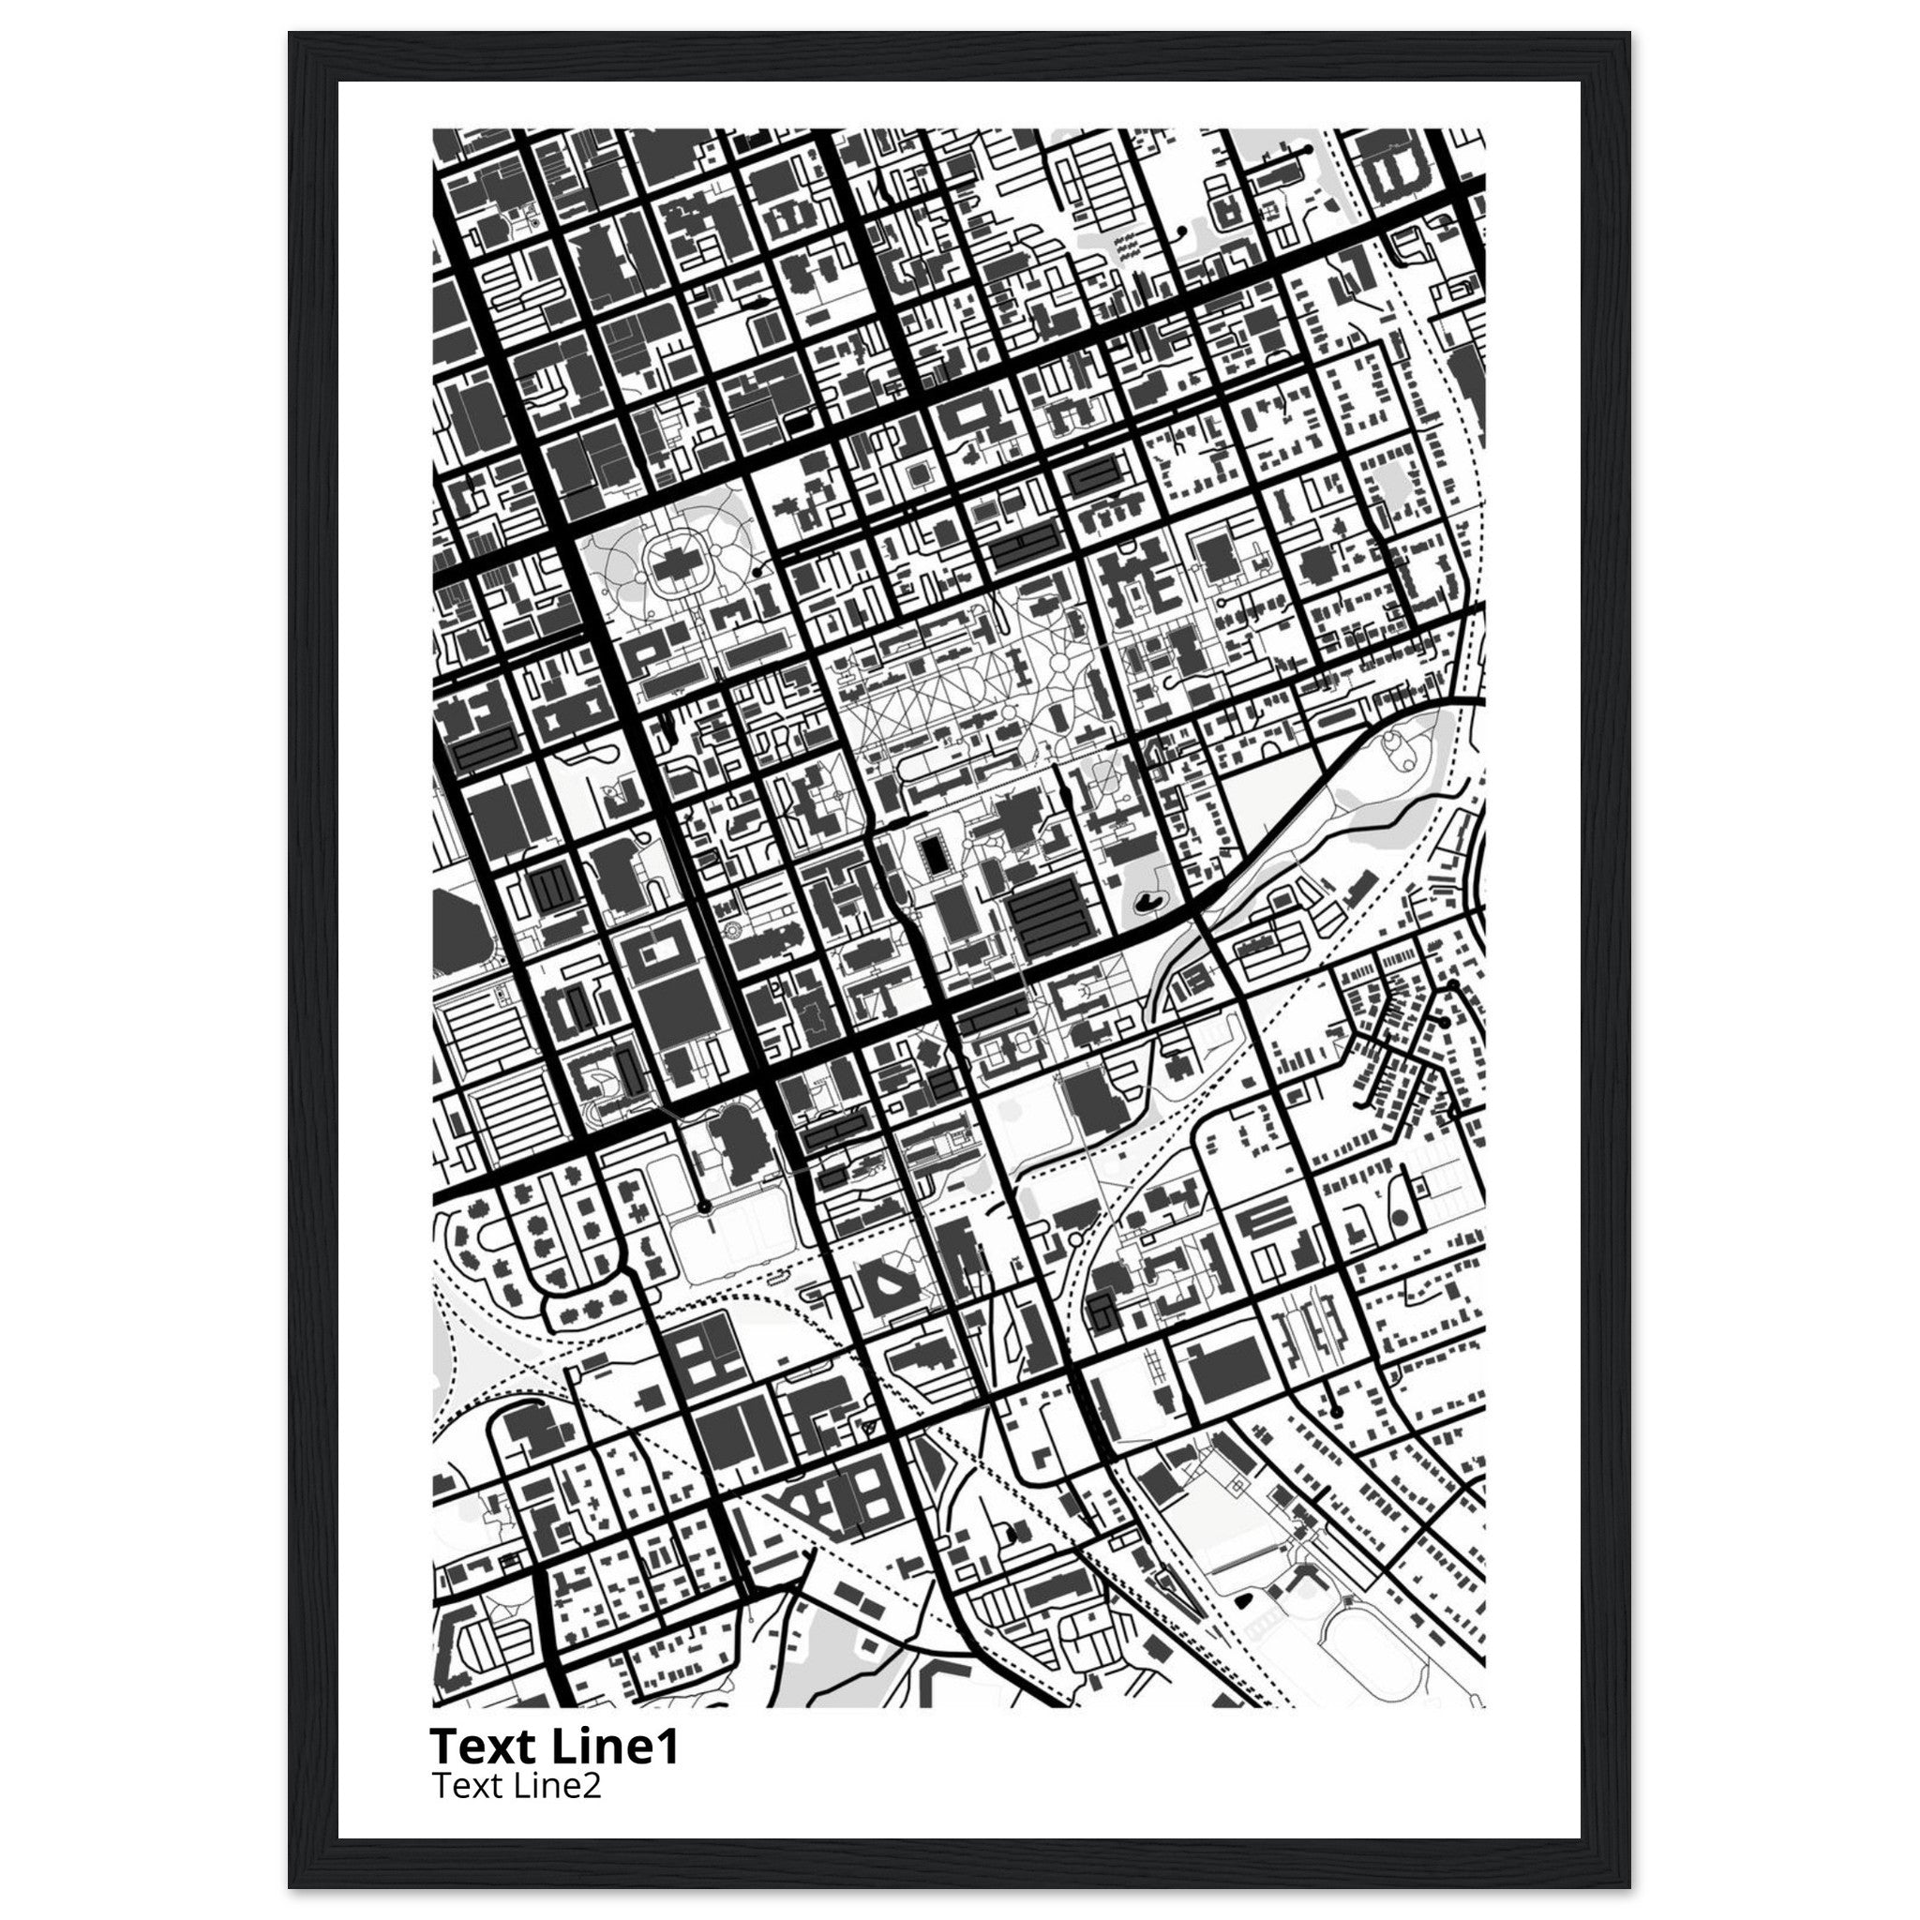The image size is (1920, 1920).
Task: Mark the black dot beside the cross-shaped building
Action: click(x=757, y=574)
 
